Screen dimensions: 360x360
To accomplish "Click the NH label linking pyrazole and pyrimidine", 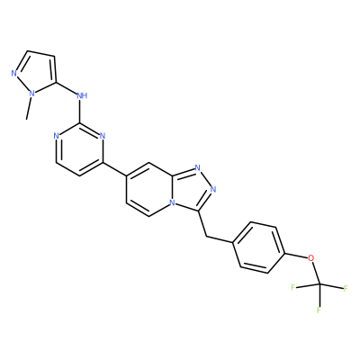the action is pyautogui.click(x=82, y=95).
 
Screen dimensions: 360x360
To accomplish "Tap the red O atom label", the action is pyautogui.click(x=311, y=257).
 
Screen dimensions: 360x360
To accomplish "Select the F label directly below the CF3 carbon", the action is pyautogui.click(x=319, y=310).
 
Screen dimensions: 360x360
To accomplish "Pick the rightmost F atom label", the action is pyautogui.click(x=346, y=289).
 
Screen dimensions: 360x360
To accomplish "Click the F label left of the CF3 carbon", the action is pyautogui.click(x=293, y=287).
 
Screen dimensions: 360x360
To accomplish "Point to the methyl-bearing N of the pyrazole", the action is pyautogui.click(x=31, y=94).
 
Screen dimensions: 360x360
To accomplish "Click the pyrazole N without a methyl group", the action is pyautogui.click(x=13, y=73).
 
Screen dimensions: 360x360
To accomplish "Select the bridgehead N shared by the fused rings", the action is pyautogui.click(x=172, y=202).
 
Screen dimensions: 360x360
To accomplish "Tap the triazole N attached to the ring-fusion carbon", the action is pyautogui.click(x=197, y=167).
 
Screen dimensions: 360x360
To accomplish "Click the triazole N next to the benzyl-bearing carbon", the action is pyautogui.click(x=213, y=189).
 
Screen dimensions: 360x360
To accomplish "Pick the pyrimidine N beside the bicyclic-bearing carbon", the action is pyautogui.click(x=103, y=136).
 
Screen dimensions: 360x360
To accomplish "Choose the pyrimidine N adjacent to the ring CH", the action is pyautogui.click(x=56, y=136).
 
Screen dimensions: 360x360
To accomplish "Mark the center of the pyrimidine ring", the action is pyautogui.click(x=79, y=149).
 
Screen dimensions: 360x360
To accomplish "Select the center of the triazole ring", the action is pyautogui.click(x=192, y=190).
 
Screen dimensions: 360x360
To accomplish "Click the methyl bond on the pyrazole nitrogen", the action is pyautogui.click(x=29, y=107).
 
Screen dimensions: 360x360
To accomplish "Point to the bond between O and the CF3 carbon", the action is pyautogui.click(x=316, y=271).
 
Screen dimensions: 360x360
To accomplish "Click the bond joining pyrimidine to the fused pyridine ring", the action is pyautogui.click(x=114, y=169).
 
